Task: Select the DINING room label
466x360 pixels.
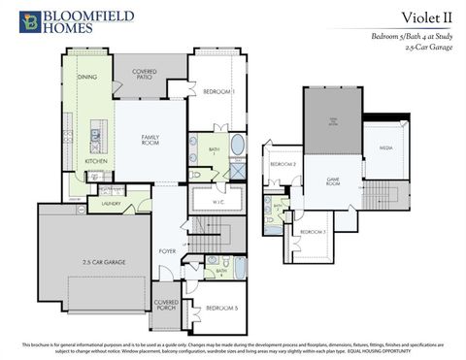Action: coord(86,77)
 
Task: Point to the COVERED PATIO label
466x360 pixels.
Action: coord(144,75)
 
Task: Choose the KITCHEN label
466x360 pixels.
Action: coord(96,161)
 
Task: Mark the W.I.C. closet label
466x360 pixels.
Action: coord(218,202)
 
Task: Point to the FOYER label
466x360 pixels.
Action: coord(167,250)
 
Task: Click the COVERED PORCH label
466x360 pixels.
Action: coord(165,306)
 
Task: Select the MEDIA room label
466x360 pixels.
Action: coord(385,147)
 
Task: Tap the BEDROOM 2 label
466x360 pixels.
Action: coord(283,164)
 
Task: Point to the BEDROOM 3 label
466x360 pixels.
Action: coord(312,232)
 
